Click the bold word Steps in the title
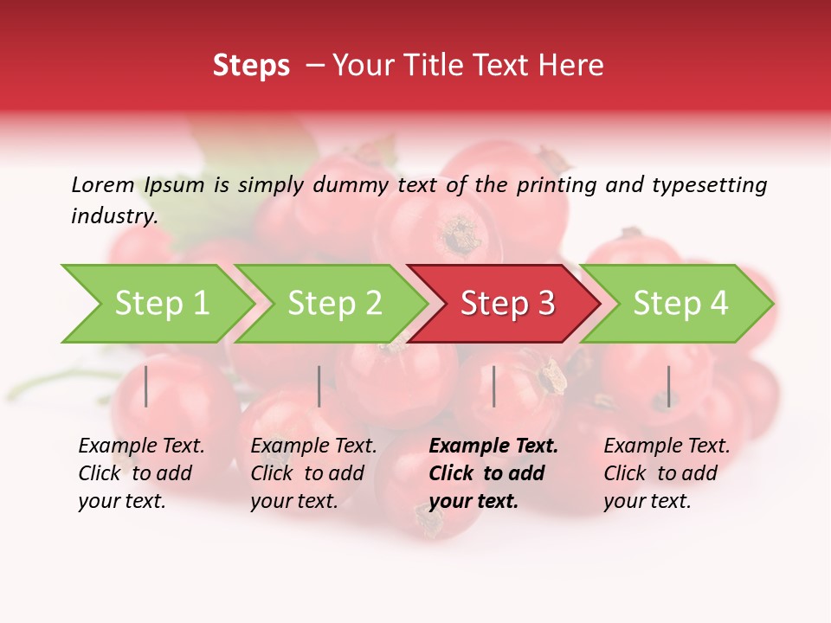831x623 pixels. point(251,66)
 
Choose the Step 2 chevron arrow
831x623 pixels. point(332,304)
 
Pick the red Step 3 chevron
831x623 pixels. point(505,304)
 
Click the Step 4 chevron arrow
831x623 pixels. point(678,304)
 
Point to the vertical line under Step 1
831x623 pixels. point(146,386)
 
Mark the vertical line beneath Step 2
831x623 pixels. point(319,386)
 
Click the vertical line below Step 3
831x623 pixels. point(493,386)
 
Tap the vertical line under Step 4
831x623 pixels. point(668,386)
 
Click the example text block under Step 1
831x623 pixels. point(141,473)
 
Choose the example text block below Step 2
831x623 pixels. point(313,473)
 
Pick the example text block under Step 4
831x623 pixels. point(667,473)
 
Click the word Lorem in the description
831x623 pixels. point(103,184)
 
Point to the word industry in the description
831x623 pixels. point(113,216)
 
